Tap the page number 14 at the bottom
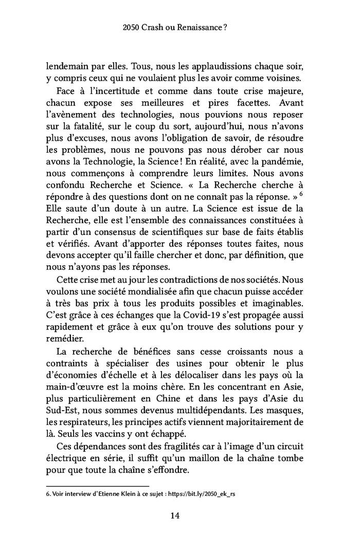click(x=179, y=516)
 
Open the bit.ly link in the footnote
click(x=205, y=494)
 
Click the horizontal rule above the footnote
click(x=98, y=486)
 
